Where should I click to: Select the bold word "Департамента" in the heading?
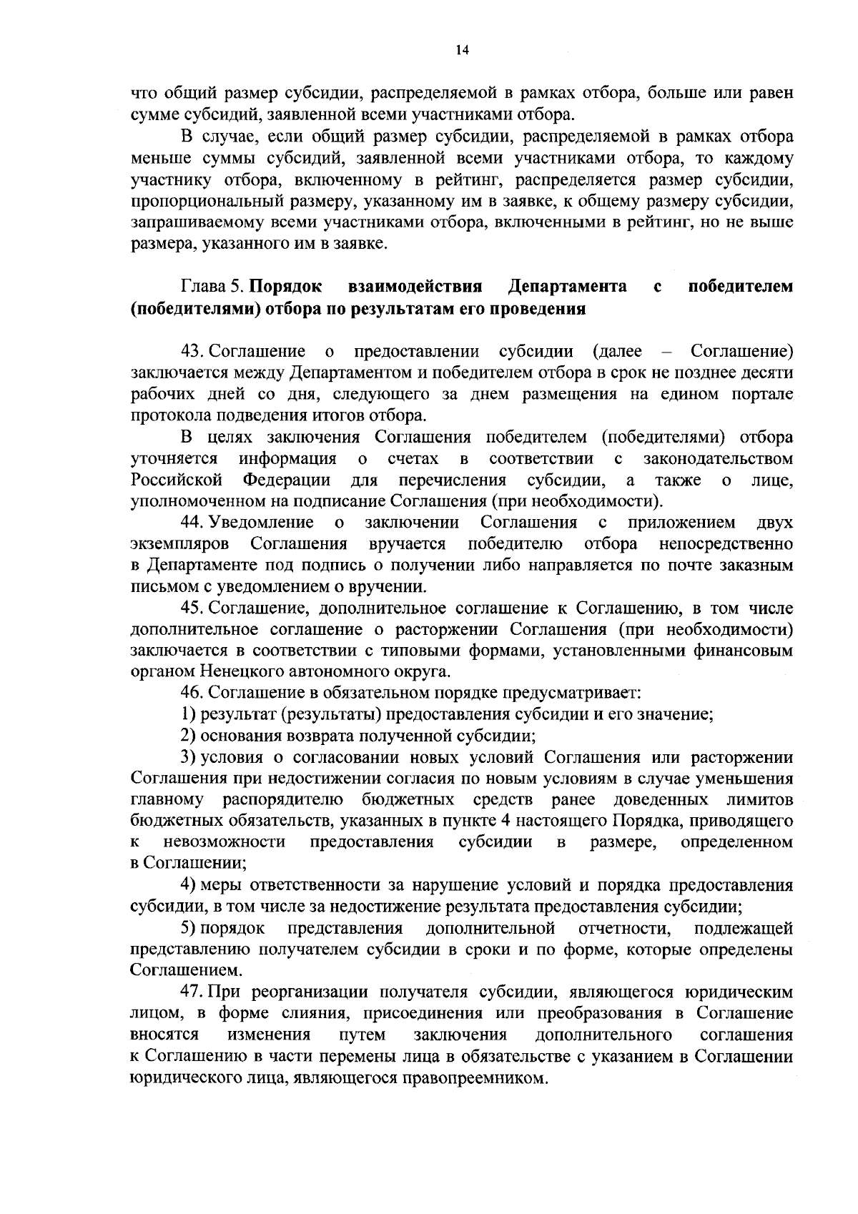[567, 287]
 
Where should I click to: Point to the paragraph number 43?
[194, 352]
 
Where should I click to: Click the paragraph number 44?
[194, 523]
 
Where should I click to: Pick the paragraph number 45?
[194, 608]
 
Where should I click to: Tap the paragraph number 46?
[194, 693]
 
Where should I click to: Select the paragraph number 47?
[194, 992]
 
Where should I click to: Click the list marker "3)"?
[188, 757]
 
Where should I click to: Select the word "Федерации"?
[286, 480]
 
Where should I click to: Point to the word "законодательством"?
[718, 458]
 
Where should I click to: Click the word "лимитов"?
[764, 799]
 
